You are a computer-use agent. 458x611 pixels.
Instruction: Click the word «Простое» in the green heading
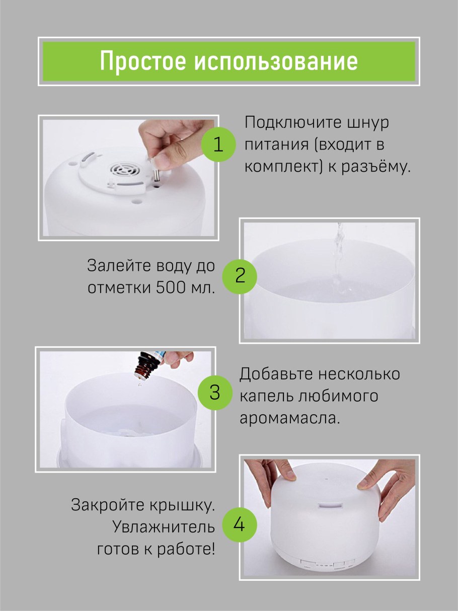coord(143,61)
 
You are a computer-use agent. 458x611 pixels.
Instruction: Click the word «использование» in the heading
coord(276,61)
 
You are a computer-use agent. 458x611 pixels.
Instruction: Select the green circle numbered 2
coord(240,276)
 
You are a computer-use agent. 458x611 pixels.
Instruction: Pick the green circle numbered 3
coord(215,392)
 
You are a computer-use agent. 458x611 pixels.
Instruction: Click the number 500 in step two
coord(170,287)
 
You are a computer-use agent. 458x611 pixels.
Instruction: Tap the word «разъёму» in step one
coord(375,167)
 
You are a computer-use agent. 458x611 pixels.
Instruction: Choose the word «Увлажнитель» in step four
coord(164,527)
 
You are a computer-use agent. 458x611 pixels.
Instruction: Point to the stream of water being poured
coord(339,259)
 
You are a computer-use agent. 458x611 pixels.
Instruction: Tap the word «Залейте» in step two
coord(119,266)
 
